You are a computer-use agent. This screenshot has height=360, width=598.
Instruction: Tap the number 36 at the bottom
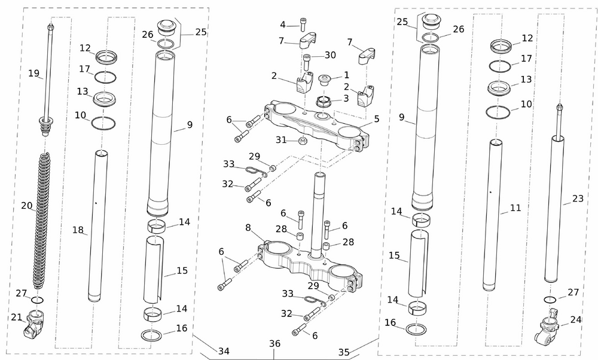click(274, 344)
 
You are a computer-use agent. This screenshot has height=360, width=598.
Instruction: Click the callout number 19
click(33, 74)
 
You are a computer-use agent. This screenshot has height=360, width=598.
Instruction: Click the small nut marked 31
click(303, 141)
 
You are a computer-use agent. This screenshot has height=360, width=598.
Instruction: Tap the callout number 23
click(577, 199)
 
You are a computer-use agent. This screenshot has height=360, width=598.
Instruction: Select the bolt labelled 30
click(307, 62)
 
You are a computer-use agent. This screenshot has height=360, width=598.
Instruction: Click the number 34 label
click(224, 351)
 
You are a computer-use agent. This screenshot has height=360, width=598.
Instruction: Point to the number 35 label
click(344, 352)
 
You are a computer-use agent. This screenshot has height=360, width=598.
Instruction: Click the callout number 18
click(78, 230)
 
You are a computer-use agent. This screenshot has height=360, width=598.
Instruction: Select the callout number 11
click(515, 208)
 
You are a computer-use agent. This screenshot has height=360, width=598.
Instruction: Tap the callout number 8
click(248, 228)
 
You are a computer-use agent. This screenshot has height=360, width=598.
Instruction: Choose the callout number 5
click(376, 118)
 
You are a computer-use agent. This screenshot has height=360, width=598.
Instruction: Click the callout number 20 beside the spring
click(27, 206)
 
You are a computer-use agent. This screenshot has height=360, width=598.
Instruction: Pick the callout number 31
click(281, 140)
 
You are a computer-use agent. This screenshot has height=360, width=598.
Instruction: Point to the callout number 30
click(330, 55)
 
